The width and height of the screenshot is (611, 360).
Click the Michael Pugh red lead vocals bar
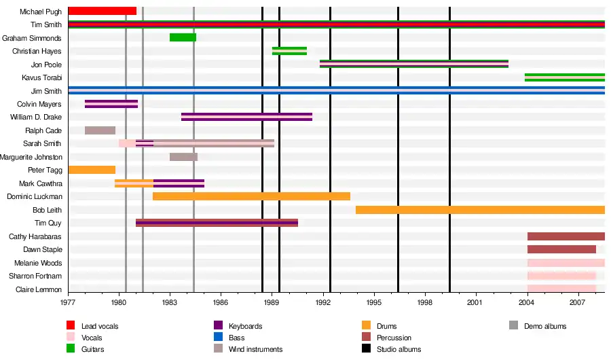coord(102,11)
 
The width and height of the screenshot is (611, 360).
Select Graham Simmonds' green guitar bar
coord(183,37)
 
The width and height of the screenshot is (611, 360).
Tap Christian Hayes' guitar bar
coord(289,51)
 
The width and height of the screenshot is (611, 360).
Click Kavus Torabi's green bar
coord(564,77)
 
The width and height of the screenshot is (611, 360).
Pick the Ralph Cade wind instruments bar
coord(100,130)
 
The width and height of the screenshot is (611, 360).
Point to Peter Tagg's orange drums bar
coord(92,170)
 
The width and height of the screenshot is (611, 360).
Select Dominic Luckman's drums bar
coord(251,196)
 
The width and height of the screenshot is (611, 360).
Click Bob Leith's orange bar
coord(480,210)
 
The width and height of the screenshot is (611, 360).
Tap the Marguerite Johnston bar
coord(183,157)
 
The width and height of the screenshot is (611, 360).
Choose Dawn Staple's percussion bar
coord(561,249)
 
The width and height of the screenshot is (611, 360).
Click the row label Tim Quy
coord(48,223)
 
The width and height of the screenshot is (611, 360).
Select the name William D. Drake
coord(36,117)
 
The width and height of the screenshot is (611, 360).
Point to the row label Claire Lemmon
coord(39,289)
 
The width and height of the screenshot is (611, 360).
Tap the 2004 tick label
coord(527,302)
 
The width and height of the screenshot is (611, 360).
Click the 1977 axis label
coord(68,302)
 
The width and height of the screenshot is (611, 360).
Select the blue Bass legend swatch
coord(218,338)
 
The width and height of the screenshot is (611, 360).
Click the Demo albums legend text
coord(544,326)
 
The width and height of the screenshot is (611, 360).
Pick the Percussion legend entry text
coord(394,338)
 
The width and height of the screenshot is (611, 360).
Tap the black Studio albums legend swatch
coord(365,349)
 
